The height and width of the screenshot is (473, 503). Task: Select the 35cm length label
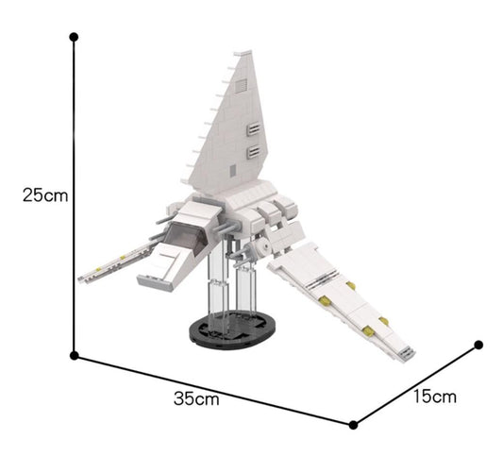[x=196, y=398]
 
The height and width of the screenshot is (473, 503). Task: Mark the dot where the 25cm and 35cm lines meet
[x=75, y=356]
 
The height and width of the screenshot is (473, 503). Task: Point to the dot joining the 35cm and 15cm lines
[x=354, y=424]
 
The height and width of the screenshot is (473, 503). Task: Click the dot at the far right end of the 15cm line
[x=478, y=346]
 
